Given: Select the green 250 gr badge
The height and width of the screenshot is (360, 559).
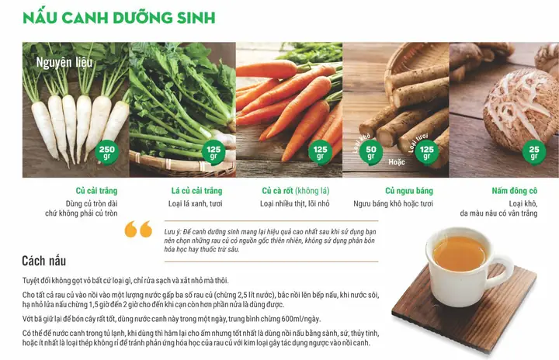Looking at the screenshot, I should pos(107,153).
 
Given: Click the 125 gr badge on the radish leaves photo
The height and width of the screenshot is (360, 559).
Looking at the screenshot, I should pos(214,153).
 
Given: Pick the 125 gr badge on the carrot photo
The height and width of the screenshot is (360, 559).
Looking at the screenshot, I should pos(320,153).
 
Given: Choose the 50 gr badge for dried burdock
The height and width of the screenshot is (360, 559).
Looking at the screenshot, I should pos(371,153).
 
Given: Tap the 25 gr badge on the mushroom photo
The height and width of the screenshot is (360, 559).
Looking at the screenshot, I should pos(533,153).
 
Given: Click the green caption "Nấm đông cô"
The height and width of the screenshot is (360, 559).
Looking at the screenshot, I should pos(514,191).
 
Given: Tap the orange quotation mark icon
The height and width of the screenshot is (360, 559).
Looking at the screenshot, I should pos(138,230).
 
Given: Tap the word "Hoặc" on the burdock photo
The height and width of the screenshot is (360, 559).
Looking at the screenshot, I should pos(398,162).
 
